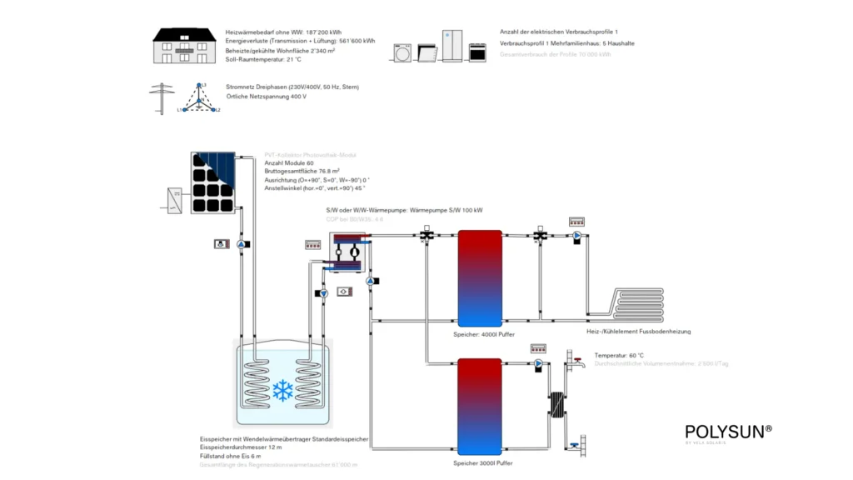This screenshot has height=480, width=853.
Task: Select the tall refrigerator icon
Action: point(451,46)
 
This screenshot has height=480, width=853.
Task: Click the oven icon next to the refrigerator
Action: point(478,52)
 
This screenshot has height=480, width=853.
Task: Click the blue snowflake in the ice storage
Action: point(282,389)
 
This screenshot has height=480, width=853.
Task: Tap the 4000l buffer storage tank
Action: point(480,277)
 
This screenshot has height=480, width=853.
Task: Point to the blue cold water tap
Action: point(576,447)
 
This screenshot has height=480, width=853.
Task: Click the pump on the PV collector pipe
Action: point(242,244)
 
